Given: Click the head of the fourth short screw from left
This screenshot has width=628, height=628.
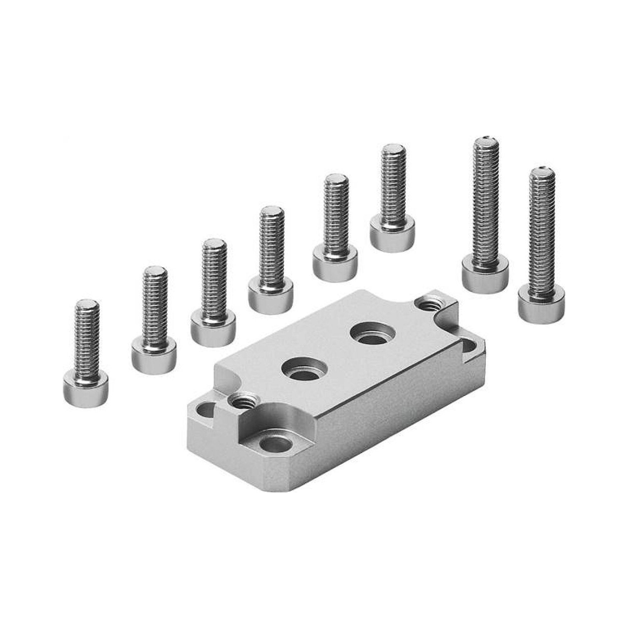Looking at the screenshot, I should (270, 297).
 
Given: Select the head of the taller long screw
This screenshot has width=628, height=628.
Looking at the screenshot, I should (485, 273).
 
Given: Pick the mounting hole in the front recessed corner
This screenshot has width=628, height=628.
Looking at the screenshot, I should (276, 444).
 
